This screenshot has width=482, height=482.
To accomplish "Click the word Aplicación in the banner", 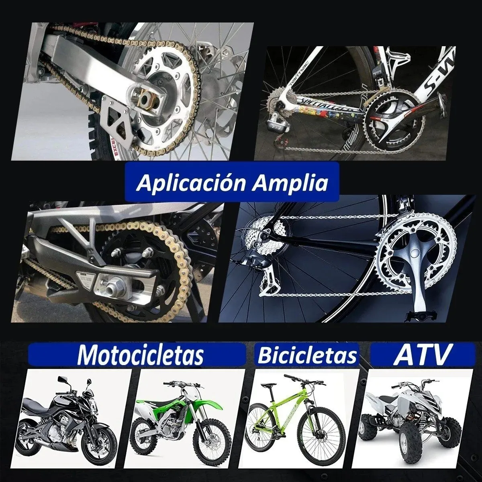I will pos(191,183).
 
